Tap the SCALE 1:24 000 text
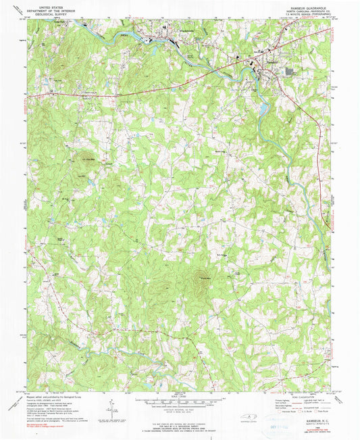tap(180, 396)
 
